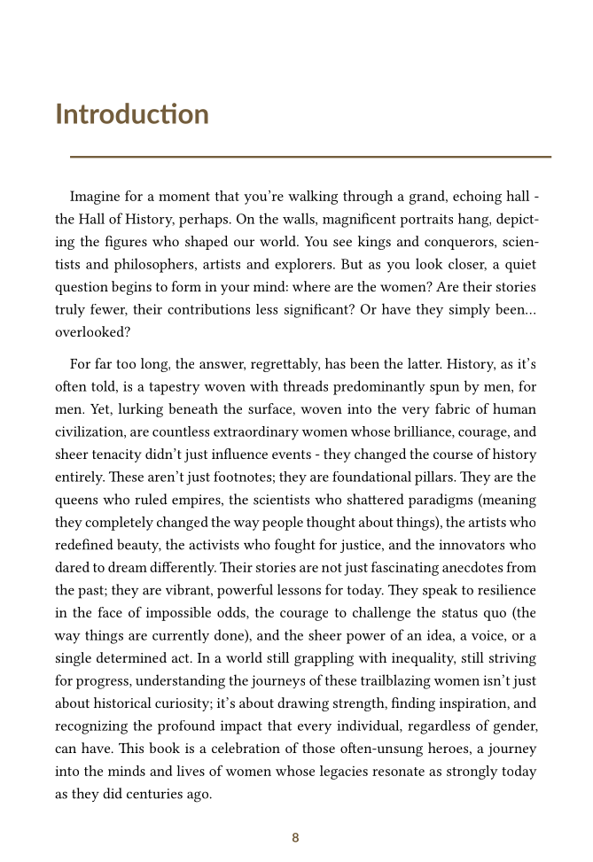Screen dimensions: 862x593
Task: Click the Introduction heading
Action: coord(132,114)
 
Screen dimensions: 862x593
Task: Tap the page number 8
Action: coord(295,837)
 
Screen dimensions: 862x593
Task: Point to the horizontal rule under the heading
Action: coord(310,157)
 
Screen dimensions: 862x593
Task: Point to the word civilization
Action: coord(92,433)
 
